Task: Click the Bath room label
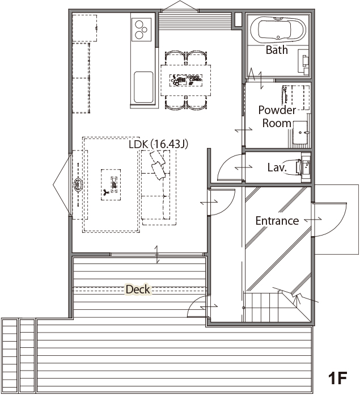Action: (277, 50)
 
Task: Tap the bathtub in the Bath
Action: (278, 30)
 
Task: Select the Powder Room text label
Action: (277, 117)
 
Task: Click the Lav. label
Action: (277, 167)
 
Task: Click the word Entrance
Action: (277, 221)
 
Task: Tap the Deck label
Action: (138, 289)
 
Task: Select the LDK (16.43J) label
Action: (159, 144)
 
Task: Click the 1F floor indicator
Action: (338, 377)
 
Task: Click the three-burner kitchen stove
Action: (141, 30)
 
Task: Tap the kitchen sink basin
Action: (143, 87)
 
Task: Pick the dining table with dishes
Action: (185, 81)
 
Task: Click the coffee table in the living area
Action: (111, 184)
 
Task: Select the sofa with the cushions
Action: (158, 188)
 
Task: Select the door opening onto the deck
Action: (198, 306)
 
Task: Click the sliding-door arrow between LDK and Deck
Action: (157, 254)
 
